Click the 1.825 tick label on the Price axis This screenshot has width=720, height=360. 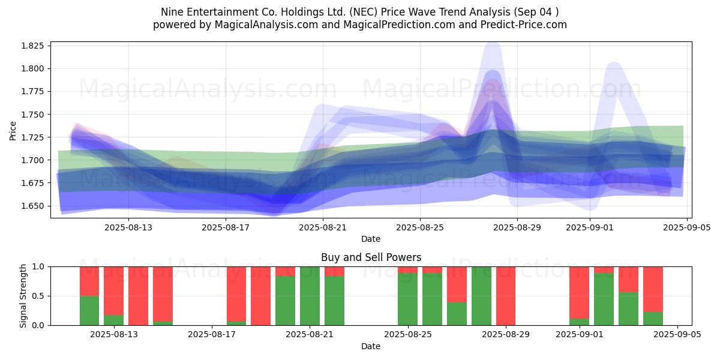click(32, 46)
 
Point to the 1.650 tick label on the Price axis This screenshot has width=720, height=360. click(32, 206)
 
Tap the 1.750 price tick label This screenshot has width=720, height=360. click(32, 115)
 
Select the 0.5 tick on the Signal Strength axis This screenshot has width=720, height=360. click(38, 296)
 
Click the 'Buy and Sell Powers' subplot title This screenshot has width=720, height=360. click(371, 257)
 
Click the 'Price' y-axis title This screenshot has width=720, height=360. click(13, 131)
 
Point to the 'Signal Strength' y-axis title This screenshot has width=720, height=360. click(23, 296)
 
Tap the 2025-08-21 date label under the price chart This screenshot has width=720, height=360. click(323, 227)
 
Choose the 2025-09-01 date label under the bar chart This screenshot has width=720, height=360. click(580, 335)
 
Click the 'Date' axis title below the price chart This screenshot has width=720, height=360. click(371, 239)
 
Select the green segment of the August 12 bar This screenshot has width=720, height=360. click(89, 311)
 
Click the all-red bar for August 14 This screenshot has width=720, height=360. click(138, 296)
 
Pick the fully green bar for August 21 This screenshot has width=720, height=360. click(310, 296)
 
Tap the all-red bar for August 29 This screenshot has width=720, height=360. click(506, 296)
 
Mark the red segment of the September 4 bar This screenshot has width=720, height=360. click(653, 289)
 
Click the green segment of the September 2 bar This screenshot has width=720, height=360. click(604, 299)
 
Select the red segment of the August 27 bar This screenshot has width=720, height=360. click(457, 284)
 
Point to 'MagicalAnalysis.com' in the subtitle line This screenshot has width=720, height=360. click(266, 25)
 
